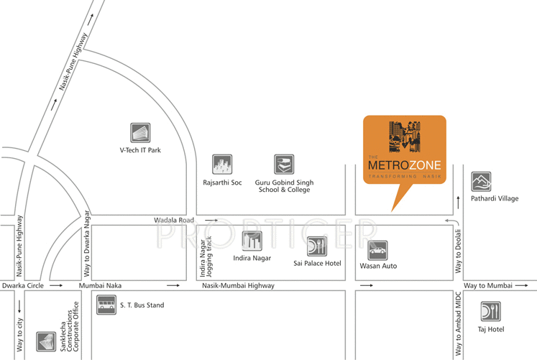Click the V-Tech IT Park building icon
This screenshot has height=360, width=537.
[140, 133]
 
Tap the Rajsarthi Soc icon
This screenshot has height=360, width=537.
[221, 165]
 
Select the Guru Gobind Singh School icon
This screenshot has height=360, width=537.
[284, 165]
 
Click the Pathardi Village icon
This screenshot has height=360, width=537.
[481, 182]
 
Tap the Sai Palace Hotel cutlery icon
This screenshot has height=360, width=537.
[317, 246]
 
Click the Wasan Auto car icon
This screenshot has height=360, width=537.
[378, 249]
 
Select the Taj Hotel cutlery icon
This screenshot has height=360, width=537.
[491, 311]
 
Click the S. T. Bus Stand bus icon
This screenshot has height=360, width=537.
[106, 305]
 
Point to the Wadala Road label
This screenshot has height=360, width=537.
[174, 219]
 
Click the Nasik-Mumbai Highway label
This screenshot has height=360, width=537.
[238, 285]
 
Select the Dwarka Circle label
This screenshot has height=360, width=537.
[22, 285]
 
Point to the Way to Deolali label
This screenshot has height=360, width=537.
[457, 248]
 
